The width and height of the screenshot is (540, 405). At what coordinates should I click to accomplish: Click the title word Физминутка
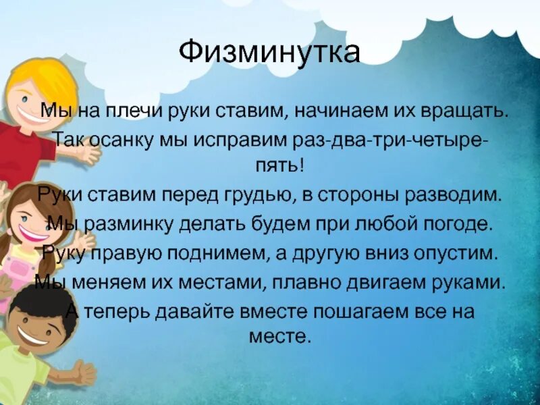pyautogui.click(x=270, y=53)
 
